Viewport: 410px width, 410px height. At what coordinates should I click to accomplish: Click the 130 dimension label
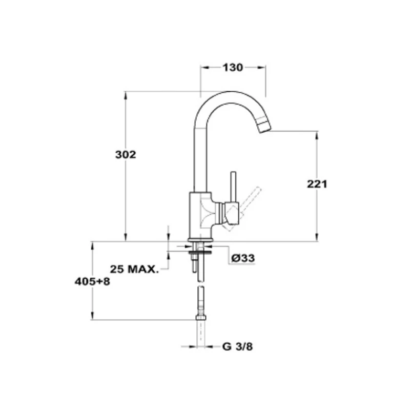coord(233,68)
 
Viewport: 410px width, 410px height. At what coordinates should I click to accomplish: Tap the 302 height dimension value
coord(126,155)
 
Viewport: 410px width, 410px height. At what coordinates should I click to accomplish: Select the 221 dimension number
coord(317,184)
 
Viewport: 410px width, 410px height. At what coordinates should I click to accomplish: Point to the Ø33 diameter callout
coord(243,258)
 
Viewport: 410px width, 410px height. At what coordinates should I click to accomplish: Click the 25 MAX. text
coord(134,269)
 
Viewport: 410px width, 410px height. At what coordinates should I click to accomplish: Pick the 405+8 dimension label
coord(92,281)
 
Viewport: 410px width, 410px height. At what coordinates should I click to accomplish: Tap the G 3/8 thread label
coord(237,347)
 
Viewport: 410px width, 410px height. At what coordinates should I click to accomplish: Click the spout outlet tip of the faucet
coord(264,126)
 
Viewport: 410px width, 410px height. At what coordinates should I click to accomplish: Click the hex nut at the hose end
coord(200,317)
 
